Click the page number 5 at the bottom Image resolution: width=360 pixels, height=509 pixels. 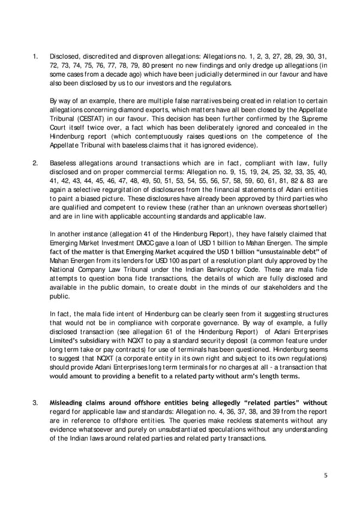(x=325, y=475)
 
